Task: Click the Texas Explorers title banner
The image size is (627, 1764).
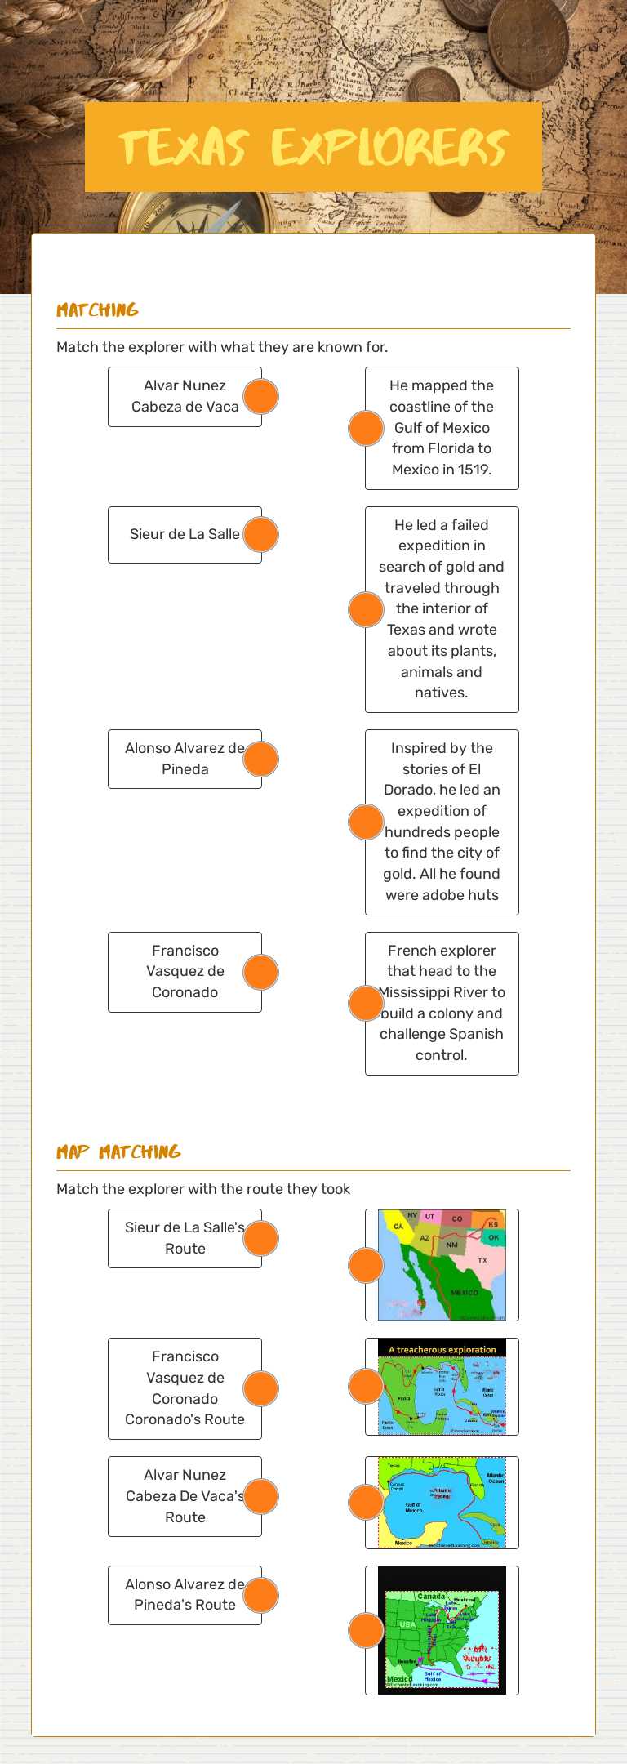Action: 313,147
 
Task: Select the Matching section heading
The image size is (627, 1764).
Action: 97,310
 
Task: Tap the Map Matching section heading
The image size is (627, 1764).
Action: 118,1152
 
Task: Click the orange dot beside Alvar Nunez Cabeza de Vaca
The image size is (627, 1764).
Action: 261,397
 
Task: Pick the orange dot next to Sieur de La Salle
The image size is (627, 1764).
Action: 261,535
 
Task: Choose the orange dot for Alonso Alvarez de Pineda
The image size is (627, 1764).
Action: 261,759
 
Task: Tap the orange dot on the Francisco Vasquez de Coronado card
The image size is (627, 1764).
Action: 261,972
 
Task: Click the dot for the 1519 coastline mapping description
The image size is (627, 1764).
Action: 366,428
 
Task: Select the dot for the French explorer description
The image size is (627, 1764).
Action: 366,1003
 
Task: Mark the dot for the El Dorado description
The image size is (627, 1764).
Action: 366,822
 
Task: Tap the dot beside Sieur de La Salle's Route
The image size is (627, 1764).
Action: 261,1238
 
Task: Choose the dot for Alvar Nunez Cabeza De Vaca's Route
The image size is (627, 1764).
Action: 261,1496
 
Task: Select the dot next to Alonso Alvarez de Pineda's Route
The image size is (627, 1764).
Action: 261,1595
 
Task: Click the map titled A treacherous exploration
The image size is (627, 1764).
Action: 442,1387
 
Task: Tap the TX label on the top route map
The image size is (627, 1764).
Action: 482,1260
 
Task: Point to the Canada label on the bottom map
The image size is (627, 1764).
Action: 431,1596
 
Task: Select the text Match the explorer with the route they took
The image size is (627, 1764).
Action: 203,1189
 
